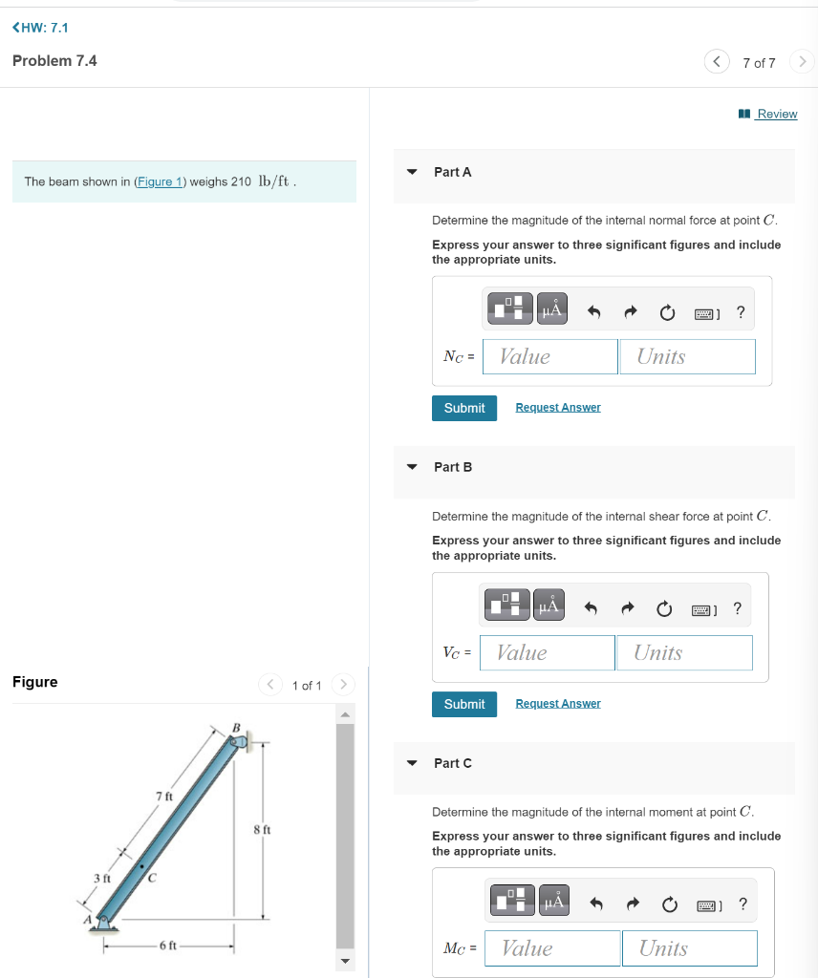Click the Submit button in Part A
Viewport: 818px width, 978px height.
point(464,408)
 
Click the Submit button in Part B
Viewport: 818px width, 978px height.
point(464,704)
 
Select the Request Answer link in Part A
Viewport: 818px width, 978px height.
point(558,408)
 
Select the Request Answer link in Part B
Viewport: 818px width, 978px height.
point(558,704)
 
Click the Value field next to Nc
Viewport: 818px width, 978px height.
point(550,356)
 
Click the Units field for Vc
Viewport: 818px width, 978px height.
point(684,652)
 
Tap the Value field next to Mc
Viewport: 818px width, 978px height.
point(552,948)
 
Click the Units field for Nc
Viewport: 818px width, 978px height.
point(687,356)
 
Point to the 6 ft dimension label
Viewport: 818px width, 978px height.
point(167,946)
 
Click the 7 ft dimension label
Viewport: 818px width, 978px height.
point(163,797)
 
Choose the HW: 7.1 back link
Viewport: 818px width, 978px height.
point(40,28)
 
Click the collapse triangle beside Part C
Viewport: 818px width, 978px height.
point(412,763)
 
